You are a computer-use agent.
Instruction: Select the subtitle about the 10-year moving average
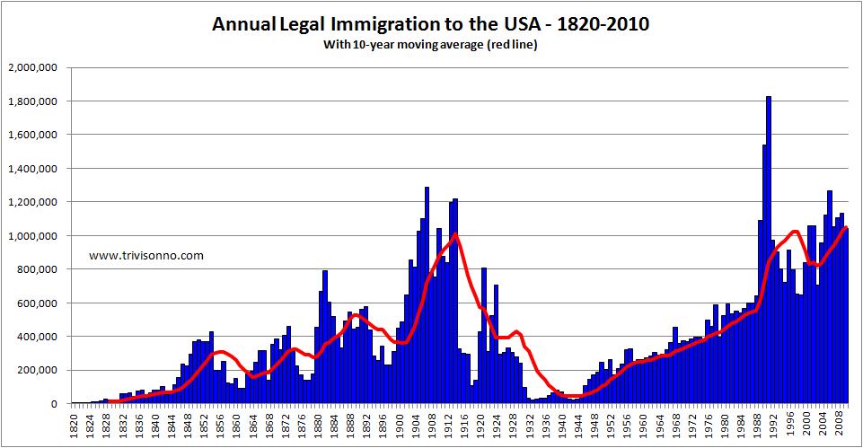pos(431,46)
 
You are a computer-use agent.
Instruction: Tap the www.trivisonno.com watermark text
pos(146,256)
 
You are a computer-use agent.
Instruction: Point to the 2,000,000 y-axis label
pos(32,67)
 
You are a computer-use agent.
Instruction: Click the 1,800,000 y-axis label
pos(32,101)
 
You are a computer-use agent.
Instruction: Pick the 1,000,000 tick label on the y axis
pos(32,236)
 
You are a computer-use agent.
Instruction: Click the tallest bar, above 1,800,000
pos(769,251)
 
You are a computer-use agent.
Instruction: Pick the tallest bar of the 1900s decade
pos(427,296)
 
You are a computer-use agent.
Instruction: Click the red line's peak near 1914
pos(456,234)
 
